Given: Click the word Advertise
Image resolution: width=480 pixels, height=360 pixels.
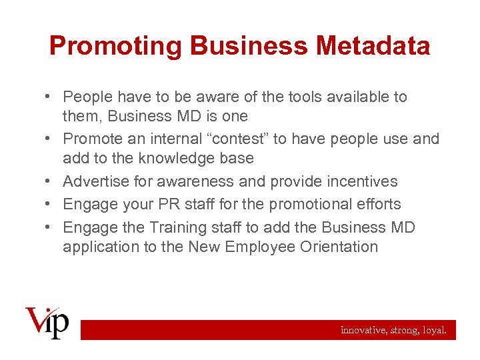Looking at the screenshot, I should [x=97, y=181].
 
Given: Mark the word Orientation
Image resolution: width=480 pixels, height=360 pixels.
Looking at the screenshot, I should [x=340, y=247].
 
